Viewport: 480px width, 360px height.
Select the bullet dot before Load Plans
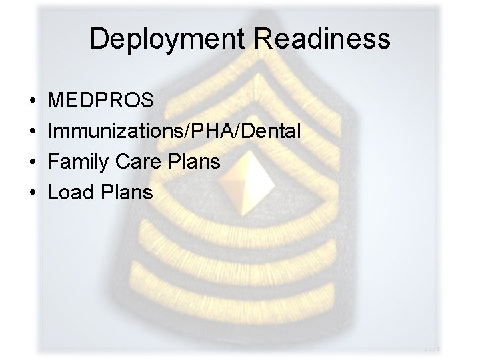pos(33,193)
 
